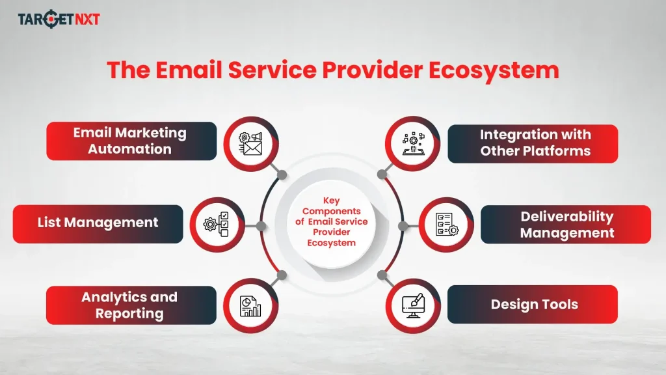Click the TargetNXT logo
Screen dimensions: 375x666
coord(59,19)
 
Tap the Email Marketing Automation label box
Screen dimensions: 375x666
coord(130,141)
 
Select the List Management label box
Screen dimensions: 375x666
coord(98,223)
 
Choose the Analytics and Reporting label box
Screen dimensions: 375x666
coord(130,305)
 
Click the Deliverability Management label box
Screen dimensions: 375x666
coord(566,225)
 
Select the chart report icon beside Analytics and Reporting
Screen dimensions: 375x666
coord(251,305)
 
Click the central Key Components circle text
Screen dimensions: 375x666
coord(332,222)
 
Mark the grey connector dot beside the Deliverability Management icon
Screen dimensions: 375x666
coord(403,226)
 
